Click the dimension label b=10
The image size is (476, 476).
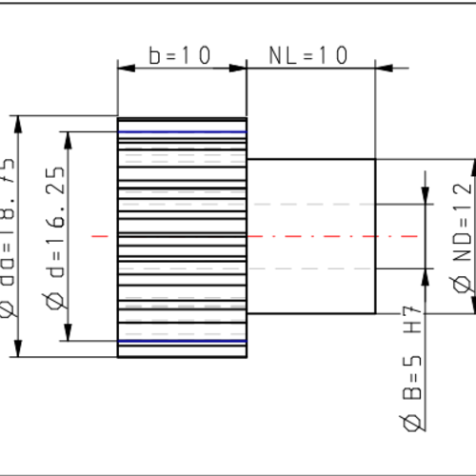(180, 55)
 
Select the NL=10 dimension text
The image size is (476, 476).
(309, 55)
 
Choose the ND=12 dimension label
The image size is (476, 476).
(462, 224)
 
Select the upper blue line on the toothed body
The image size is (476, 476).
(182, 131)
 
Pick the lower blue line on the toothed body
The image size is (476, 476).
(182, 341)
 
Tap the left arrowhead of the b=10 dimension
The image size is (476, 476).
(123, 68)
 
